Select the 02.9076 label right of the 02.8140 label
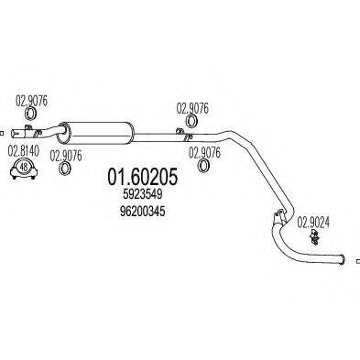pos(66,154)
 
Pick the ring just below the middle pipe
pos(205,169)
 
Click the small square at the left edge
pos(4,131)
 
